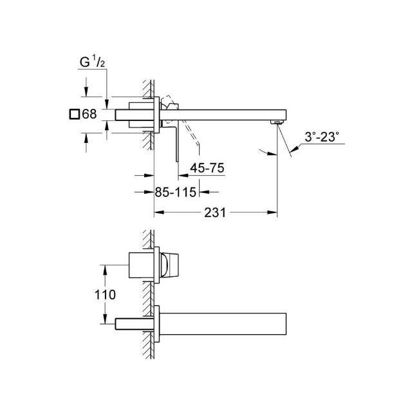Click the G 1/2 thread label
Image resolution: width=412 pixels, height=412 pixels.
pyautogui.click(x=92, y=62)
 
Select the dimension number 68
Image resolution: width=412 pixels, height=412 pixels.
pyautogui.click(x=89, y=114)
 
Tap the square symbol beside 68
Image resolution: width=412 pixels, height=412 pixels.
pyautogui.click(x=75, y=115)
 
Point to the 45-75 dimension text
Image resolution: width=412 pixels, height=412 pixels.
pyautogui.click(x=207, y=168)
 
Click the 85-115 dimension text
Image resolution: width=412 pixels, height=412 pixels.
pyautogui.click(x=176, y=192)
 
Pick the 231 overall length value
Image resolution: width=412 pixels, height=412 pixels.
pyautogui.click(x=215, y=212)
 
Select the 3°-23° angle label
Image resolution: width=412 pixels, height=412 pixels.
pyautogui.click(x=322, y=137)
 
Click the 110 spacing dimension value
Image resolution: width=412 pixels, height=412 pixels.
pyautogui.click(x=105, y=295)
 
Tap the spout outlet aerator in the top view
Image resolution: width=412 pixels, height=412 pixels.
pyautogui.click(x=277, y=122)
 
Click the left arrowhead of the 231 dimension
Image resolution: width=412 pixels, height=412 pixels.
pyautogui.click(x=159, y=212)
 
